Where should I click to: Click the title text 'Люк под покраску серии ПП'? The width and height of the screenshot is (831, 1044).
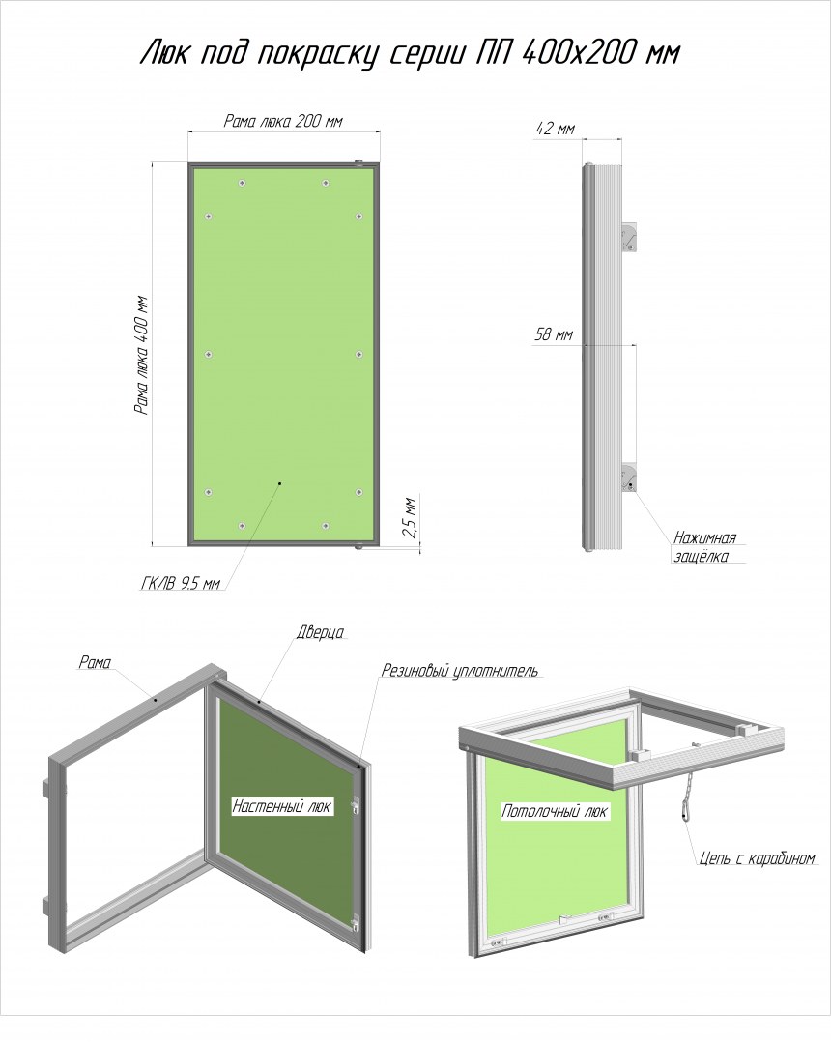(326, 53)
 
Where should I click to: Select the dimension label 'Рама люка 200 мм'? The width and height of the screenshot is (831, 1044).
(283, 121)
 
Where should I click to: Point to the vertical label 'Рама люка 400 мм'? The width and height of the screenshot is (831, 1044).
(142, 355)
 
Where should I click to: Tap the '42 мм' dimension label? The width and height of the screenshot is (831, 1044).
(555, 129)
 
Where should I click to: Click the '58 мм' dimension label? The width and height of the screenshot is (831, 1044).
(554, 334)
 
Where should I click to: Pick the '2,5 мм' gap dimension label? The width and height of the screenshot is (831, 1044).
(410, 517)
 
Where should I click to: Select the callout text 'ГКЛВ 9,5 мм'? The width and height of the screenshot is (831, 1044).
(181, 584)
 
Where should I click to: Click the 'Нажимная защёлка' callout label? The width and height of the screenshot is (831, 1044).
(705, 546)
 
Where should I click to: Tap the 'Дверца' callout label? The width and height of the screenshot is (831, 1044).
(320, 632)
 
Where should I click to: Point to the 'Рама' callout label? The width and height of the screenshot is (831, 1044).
(95, 662)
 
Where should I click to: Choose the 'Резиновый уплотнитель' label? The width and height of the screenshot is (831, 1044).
(460, 671)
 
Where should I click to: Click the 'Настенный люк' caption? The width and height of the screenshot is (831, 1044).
(281, 806)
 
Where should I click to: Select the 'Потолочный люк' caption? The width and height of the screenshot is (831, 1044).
(555, 811)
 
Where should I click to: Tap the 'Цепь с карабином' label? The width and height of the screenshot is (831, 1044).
(758, 858)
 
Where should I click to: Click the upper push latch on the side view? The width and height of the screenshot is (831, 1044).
(629, 238)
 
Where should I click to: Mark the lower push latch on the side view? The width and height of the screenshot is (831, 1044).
(629, 478)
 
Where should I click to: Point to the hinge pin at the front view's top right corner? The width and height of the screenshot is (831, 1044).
(358, 161)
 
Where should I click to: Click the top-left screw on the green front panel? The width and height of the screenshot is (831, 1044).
(243, 183)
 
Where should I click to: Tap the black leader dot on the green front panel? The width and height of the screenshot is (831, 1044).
(280, 482)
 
